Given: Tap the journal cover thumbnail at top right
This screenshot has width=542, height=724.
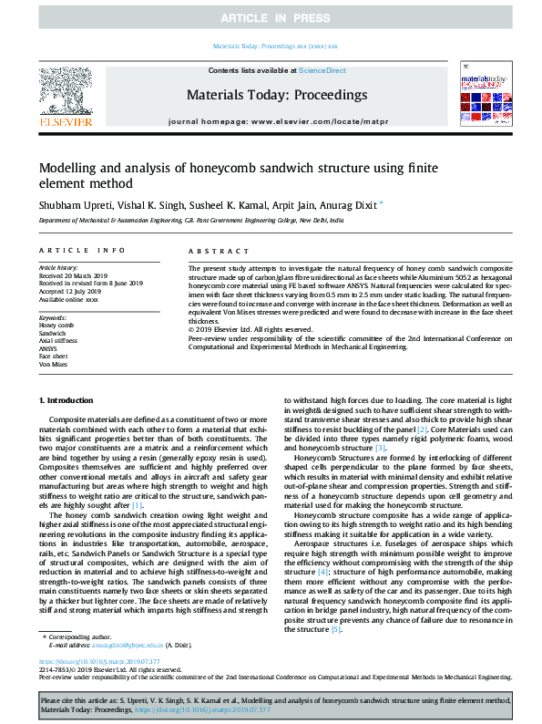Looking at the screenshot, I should [x=478, y=99].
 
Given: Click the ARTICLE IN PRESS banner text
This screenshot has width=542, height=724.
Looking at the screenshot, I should [x=271, y=18].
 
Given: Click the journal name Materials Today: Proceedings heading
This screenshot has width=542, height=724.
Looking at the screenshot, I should [x=276, y=94].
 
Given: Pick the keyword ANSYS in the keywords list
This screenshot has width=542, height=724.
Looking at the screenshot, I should [x=48, y=347].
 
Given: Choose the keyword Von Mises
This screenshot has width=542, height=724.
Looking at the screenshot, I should [x=53, y=363].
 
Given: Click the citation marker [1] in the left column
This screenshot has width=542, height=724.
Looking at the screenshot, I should [x=138, y=504].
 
